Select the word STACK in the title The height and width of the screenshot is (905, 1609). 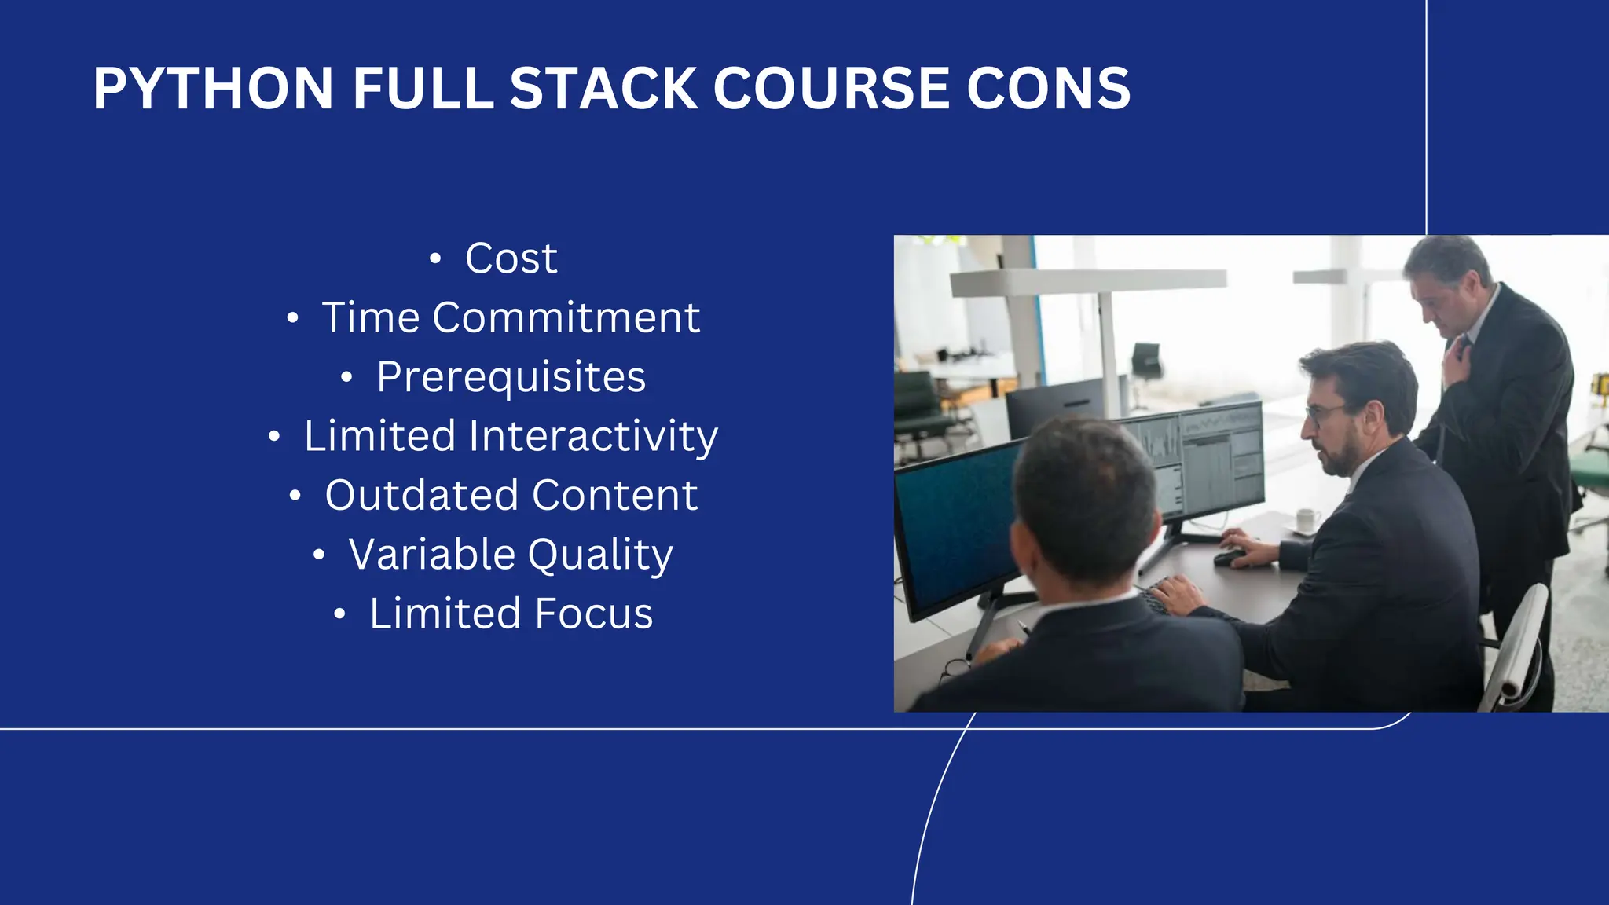(x=603, y=88)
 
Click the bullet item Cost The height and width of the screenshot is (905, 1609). (x=511, y=258)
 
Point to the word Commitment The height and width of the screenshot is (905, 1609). (x=566, y=317)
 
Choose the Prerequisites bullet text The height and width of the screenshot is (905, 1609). (x=511, y=377)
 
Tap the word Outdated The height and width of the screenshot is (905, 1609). (x=422, y=495)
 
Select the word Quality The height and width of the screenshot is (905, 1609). (x=600, y=555)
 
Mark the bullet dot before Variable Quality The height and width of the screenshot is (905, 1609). (x=318, y=555)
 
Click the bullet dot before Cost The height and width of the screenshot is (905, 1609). (x=435, y=259)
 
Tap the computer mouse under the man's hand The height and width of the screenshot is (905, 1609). (x=1228, y=558)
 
